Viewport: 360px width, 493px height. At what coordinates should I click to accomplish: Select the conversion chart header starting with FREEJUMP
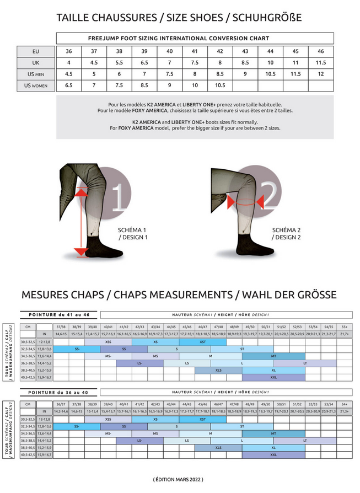pos(195,39)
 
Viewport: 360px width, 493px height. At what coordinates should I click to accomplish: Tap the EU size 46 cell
pos(320,51)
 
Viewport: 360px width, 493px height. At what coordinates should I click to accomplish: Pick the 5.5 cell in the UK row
pos(119,63)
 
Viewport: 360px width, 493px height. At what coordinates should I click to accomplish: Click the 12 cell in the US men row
pos(320,74)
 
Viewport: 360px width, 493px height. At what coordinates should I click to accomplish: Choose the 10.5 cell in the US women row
pos(220,85)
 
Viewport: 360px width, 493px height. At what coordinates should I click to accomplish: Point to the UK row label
pos(36,63)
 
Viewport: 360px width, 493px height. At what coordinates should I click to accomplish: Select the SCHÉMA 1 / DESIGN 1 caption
pos(133,234)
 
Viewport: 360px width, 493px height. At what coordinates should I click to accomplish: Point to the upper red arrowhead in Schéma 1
pos(82,192)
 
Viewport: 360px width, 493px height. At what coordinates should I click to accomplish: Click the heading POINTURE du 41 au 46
pos(59,314)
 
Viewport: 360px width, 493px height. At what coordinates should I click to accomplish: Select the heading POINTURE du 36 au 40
pos(59,392)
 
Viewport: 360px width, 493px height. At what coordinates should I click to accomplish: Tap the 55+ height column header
pos(345,327)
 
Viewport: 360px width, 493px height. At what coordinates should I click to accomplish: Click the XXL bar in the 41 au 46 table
pos(273,378)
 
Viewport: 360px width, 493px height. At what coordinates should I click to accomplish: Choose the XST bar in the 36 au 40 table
pos(202,419)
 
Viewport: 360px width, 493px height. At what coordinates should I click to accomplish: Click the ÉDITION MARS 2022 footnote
pos(178,480)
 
